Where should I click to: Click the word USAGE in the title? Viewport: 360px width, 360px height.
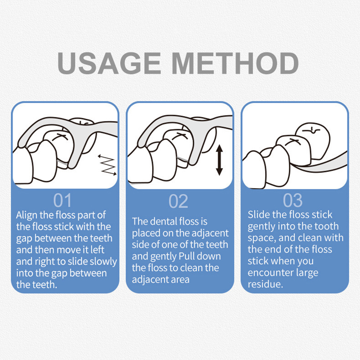point(109,63)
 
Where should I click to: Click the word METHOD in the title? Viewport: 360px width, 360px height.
point(235,63)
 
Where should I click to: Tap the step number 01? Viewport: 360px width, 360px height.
point(63,201)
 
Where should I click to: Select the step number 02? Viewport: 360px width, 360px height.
point(178,201)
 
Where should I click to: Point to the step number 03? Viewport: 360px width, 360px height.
point(292,200)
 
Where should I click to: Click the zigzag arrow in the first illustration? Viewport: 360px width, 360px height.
point(107,165)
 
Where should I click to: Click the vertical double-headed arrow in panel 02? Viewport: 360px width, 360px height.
point(220,160)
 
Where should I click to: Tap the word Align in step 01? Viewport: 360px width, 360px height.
point(27,216)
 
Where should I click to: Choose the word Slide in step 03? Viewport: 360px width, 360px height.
point(259,215)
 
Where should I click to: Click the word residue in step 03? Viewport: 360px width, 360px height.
point(265,284)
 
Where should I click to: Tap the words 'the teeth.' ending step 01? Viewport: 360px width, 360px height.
point(36,285)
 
